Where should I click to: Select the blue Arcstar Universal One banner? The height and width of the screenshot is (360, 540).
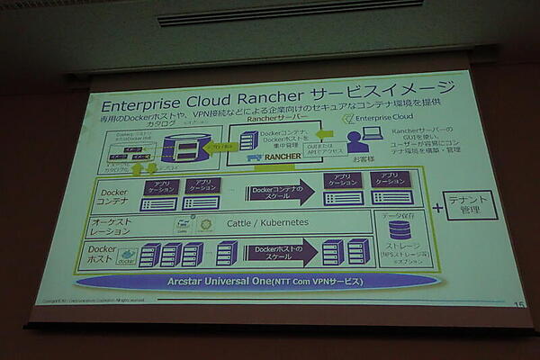260,281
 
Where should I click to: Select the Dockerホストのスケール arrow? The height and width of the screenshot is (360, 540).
277,251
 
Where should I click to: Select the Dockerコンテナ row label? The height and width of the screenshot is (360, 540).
114,194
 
